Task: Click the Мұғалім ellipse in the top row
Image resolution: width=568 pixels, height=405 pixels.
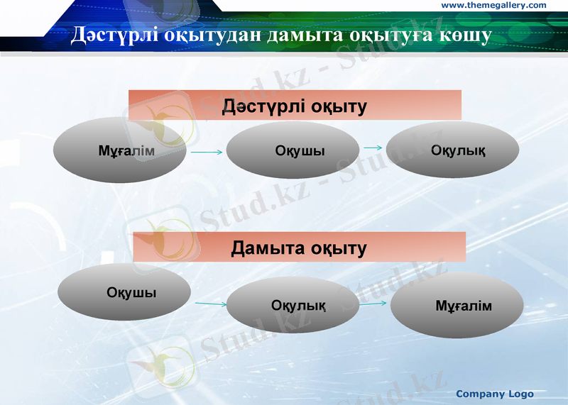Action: point(121,150)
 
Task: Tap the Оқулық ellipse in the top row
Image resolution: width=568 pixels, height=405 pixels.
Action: point(452,150)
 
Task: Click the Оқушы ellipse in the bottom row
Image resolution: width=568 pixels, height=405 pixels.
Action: point(124,292)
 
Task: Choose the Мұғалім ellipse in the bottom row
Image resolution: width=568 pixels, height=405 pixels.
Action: point(457,306)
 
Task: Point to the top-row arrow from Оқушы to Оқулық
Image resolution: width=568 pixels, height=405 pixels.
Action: point(373,148)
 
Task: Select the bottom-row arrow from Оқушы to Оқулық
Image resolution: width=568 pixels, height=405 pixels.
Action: point(211,304)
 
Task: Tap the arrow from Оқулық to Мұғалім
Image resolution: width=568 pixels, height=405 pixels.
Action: point(373,303)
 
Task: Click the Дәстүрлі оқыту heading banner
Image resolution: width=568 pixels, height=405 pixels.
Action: point(295,106)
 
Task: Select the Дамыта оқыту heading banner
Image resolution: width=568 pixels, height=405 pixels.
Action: point(299,248)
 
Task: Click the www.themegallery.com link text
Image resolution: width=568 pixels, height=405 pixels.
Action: point(494,6)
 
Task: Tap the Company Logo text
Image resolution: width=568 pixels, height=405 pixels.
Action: point(494,394)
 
